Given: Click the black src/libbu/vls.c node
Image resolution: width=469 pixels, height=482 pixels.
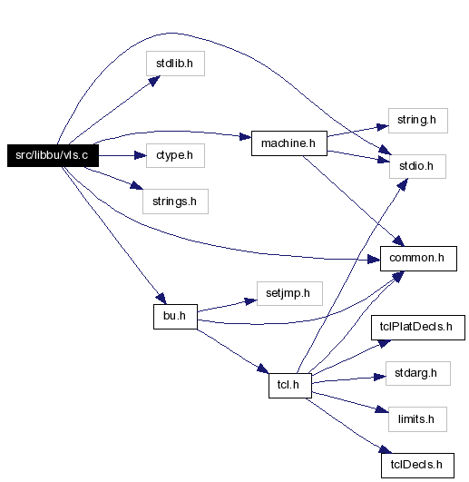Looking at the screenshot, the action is click(53, 155).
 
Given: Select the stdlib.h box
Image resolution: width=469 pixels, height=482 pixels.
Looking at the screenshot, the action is click(175, 64).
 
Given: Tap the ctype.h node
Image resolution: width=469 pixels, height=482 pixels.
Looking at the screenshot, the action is click(175, 155).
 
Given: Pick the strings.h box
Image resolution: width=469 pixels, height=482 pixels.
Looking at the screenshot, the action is click(175, 202).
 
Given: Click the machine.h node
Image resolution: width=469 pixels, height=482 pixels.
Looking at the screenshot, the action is click(289, 143).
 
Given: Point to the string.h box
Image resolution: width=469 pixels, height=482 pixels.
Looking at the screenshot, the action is click(418, 121).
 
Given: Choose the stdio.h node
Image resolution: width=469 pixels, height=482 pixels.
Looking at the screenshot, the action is click(417, 167).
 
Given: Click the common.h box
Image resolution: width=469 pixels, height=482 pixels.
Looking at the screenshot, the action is click(418, 259).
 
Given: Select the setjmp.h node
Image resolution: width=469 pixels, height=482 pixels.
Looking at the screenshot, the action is click(289, 293).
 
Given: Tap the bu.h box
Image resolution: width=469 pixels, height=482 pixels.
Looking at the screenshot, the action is click(175, 317).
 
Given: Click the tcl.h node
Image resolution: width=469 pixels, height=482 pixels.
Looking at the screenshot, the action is click(290, 386).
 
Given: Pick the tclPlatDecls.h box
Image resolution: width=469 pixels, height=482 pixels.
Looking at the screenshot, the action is click(418, 328).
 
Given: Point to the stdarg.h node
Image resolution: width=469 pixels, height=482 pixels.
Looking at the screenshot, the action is click(418, 373).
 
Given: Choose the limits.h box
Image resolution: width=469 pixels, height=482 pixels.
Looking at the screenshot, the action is click(417, 419).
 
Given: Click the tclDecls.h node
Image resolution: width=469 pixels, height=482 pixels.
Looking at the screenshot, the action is click(417, 466).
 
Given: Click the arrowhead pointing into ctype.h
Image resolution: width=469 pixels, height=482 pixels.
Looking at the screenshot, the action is click(141, 155).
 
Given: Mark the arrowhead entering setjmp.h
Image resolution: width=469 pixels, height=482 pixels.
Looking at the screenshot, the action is click(251, 301).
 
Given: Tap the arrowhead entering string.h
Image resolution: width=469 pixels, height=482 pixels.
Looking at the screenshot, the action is click(383, 127).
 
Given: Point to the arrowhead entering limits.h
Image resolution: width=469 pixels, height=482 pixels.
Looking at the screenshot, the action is click(382, 409).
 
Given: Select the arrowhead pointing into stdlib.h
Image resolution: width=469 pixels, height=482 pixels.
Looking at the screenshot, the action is click(154, 81).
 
